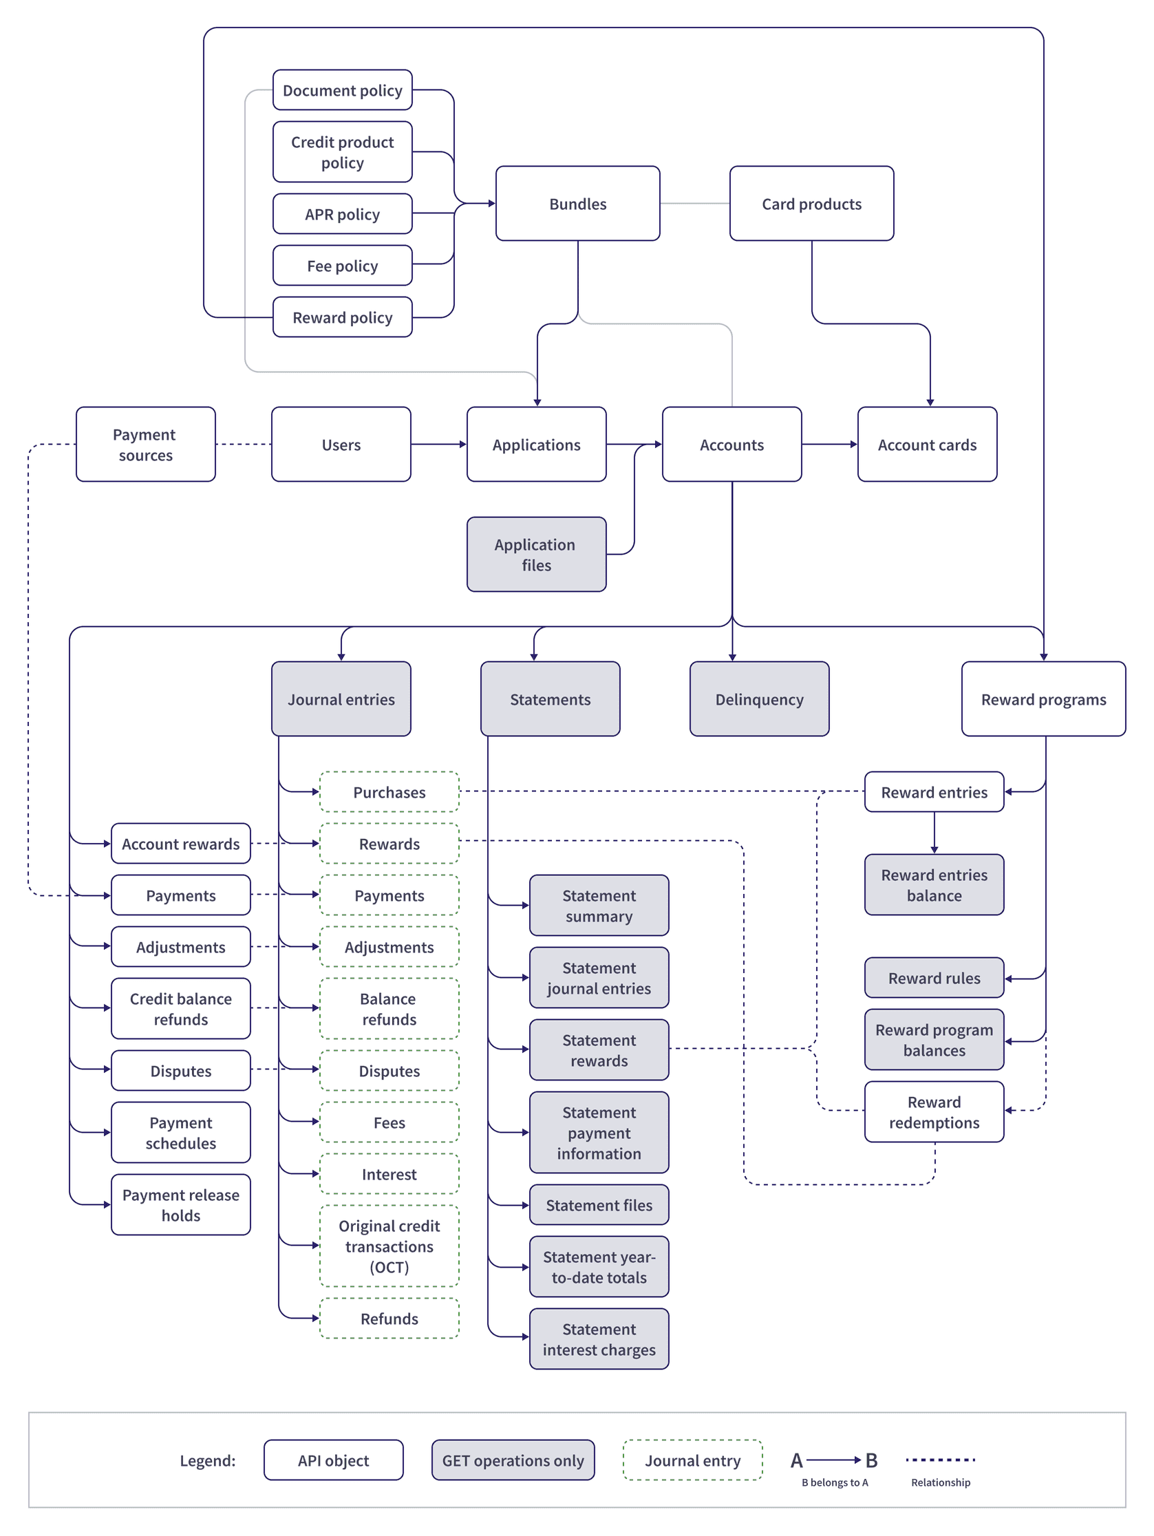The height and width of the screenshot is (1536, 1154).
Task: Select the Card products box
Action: (811, 204)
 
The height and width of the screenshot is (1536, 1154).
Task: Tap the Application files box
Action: (536, 554)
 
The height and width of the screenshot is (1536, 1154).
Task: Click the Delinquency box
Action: (759, 698)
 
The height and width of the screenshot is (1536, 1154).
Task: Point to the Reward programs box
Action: (1043, 698)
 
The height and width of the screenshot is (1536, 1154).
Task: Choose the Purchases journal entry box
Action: (389, 791)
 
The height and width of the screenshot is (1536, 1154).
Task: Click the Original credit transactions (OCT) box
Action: (389, 1246)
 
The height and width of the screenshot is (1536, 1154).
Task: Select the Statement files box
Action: (599, 1205)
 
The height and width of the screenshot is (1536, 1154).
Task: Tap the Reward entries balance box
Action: (934, 885)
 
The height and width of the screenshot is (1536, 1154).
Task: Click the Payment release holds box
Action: (180, 1205)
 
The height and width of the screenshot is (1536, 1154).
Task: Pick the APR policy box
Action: (342, 214)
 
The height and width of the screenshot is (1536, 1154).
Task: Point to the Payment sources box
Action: (145, 445)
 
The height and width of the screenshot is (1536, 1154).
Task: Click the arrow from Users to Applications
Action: (438, 445)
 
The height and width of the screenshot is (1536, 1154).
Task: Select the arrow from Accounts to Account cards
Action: (829, 445)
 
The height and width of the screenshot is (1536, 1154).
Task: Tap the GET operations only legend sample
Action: (513, 1460)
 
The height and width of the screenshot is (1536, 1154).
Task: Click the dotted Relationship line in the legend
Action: (940, 1460)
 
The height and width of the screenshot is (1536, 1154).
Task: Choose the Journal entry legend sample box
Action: (692, 1460)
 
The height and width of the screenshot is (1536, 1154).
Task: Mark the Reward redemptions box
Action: (934, 1111)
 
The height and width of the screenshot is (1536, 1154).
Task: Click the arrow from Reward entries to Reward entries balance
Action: (934, 833)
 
